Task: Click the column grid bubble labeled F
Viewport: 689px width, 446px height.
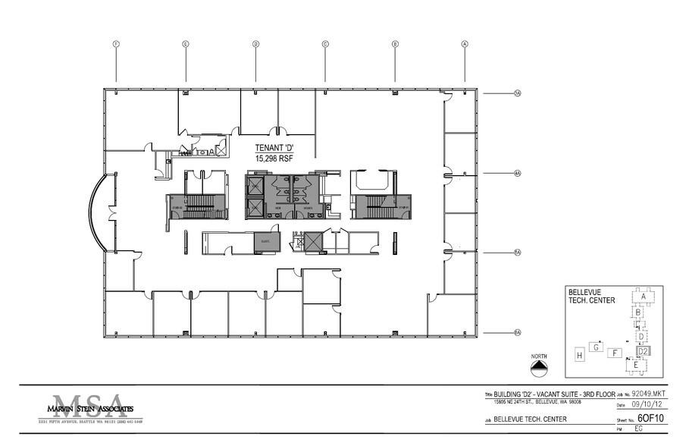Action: [x=116, y=44]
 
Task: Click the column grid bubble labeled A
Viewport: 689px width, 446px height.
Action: [x=465, y=44]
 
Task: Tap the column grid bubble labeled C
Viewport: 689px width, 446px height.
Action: [x=325, y=44]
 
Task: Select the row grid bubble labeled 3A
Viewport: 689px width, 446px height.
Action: [x=518, y=94]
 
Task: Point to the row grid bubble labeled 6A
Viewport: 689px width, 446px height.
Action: [x=518, y=333]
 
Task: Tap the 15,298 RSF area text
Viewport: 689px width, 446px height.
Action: [x=276, y=158]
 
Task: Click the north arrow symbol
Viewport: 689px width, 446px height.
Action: [x=538, y=367]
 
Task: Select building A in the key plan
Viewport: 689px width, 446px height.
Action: [x=642, y=297]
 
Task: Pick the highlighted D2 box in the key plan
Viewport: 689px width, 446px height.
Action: [x=642, y=351]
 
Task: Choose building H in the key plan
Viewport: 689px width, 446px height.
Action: [x=579, y=355]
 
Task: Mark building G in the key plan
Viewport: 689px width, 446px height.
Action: [x=597, y=347]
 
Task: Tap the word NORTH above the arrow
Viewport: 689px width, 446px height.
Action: [x=538, y=355]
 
